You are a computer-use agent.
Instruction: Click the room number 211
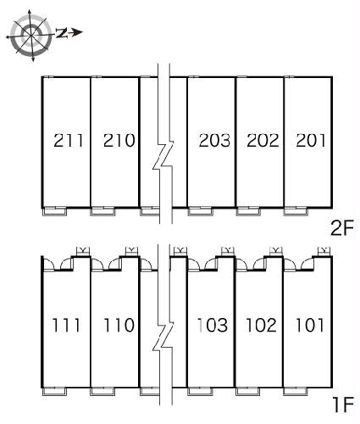(x=69, y=141)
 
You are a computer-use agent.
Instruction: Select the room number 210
(x=119, y=141)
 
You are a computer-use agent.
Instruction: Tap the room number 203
(x=214, y=141)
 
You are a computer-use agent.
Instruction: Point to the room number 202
(x=263, y=141)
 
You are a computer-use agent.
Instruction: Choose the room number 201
(x=311, y=141)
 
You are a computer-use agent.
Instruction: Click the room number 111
(x=67, y=325)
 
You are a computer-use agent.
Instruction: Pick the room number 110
(x=119, y=325)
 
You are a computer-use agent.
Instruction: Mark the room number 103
(x=213, y=325)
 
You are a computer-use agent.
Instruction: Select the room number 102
(x=261, y=325)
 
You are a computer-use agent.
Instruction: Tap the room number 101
(x=309, y=325)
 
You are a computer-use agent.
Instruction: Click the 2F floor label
(x=342, y=228)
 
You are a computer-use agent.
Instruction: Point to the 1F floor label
(x=343, y=404)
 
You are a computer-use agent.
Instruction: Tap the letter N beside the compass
(x=62, y=33)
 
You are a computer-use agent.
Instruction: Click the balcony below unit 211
(x=54, y=211)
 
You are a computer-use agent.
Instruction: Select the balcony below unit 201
(x=296, y=211)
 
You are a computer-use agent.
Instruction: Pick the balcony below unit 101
(x=295, y=391)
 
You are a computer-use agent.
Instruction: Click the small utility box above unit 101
(x=324, y=251)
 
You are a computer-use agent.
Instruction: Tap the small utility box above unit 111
(x=83, y=251)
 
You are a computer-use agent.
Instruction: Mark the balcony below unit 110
(x=102, y=391)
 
